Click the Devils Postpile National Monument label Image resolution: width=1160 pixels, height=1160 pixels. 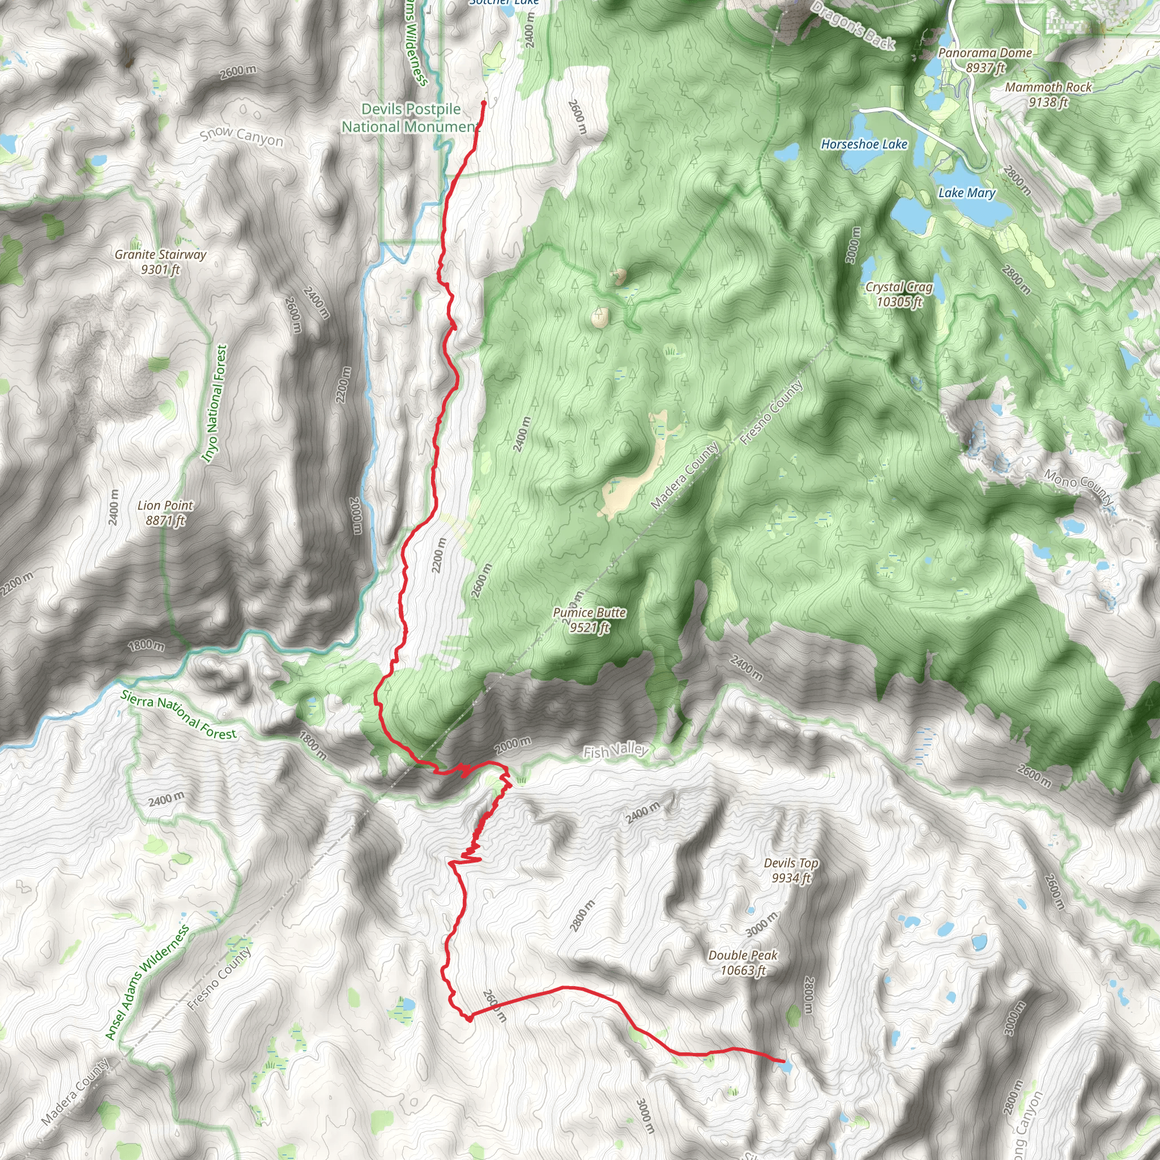pyautogui.click(x=411, y=118)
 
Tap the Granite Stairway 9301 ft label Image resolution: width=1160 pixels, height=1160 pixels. pyautogui.click(x=160, y=262)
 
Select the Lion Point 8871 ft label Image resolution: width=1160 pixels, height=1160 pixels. pyautogui.click(x=165, y=513)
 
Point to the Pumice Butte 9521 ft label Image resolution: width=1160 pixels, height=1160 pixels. pyautogui.click(x=589, y=620)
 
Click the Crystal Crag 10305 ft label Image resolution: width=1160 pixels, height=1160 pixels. pyautogui.click(x=899, y=294)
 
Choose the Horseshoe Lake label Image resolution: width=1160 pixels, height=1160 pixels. pyautogui.click(x=864, y=144)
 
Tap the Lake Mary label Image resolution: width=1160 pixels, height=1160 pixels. pyautogui.click(x=967, y=193)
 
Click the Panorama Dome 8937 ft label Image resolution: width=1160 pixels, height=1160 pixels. pyautogui.click(x=984, y=60)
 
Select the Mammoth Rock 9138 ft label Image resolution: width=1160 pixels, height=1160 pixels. pyautogui.click(x=1048, y=94)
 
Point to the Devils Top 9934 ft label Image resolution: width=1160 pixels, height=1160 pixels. pyautogui.click(x=791, y=870)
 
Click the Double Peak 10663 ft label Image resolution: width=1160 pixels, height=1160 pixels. pyautogui.click(x=743, y=962)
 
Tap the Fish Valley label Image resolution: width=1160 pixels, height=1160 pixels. pyautogui.click(x=616, y=750)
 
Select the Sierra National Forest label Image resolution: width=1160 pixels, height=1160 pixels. pyautogui.click(x=178, y=714)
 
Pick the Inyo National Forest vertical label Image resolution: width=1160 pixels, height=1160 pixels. pyautogui.click(x=214, y=403)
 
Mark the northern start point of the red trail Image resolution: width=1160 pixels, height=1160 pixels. pyautogui.click(x=483, y=103)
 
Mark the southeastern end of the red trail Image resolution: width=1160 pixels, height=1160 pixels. pyautogui.click(x=782, y=1061)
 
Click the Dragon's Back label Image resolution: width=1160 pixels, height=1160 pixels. pyautogui.click(x=852, y=25)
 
